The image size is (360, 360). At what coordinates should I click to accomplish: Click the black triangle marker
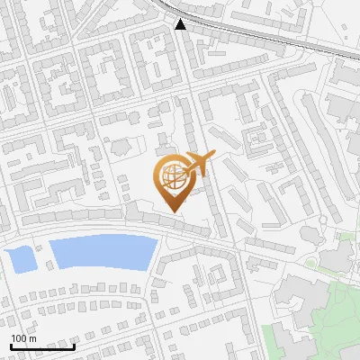pos(181,24)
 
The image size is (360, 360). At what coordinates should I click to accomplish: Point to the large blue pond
pos(99,251)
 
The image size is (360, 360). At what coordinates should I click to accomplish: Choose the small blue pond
pos(21,259)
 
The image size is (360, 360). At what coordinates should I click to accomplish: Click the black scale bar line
pos(42,346)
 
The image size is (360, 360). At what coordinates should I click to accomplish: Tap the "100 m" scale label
pos(22,338)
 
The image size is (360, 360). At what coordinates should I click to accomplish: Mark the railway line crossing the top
pos(270,35)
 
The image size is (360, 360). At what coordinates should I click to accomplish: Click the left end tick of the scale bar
pos(11,345)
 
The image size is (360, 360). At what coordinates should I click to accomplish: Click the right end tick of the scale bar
pos(74,345)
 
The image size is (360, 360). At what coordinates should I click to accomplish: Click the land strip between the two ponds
pos(41,256)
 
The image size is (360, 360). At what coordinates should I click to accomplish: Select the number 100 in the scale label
pos(19,338)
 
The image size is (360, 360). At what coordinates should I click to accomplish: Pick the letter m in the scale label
pos(31,338)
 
